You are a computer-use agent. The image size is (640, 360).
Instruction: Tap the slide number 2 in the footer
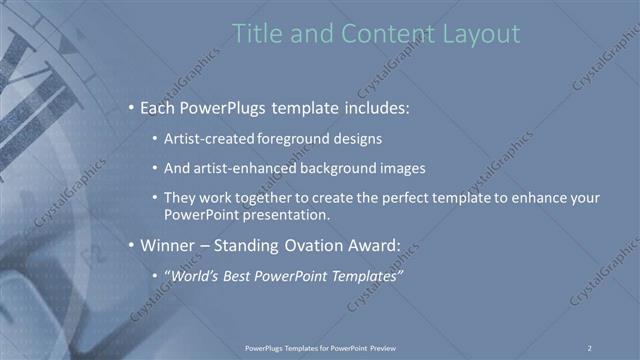pyautogui.click(x=590, y=347)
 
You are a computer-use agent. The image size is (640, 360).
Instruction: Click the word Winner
pyautogui.click(x=170, y=245)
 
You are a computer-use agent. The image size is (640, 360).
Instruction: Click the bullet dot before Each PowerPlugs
pyautogui.click(x=131, y=107)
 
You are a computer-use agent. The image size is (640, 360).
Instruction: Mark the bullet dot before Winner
pyautogui.click(x=131, y=245)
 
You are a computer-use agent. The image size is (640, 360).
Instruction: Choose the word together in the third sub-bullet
pyautogui.click(x=269, y=199)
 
